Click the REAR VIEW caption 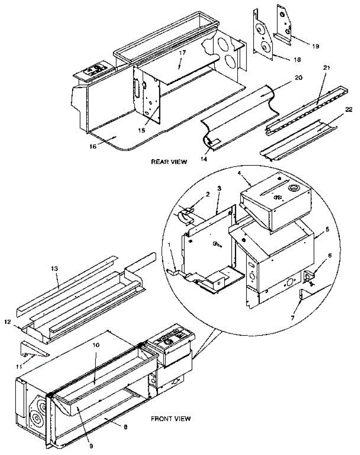(169, 162)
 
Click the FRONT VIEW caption (171, 419)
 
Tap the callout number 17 (182, 53)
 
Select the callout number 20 (299, 77)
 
